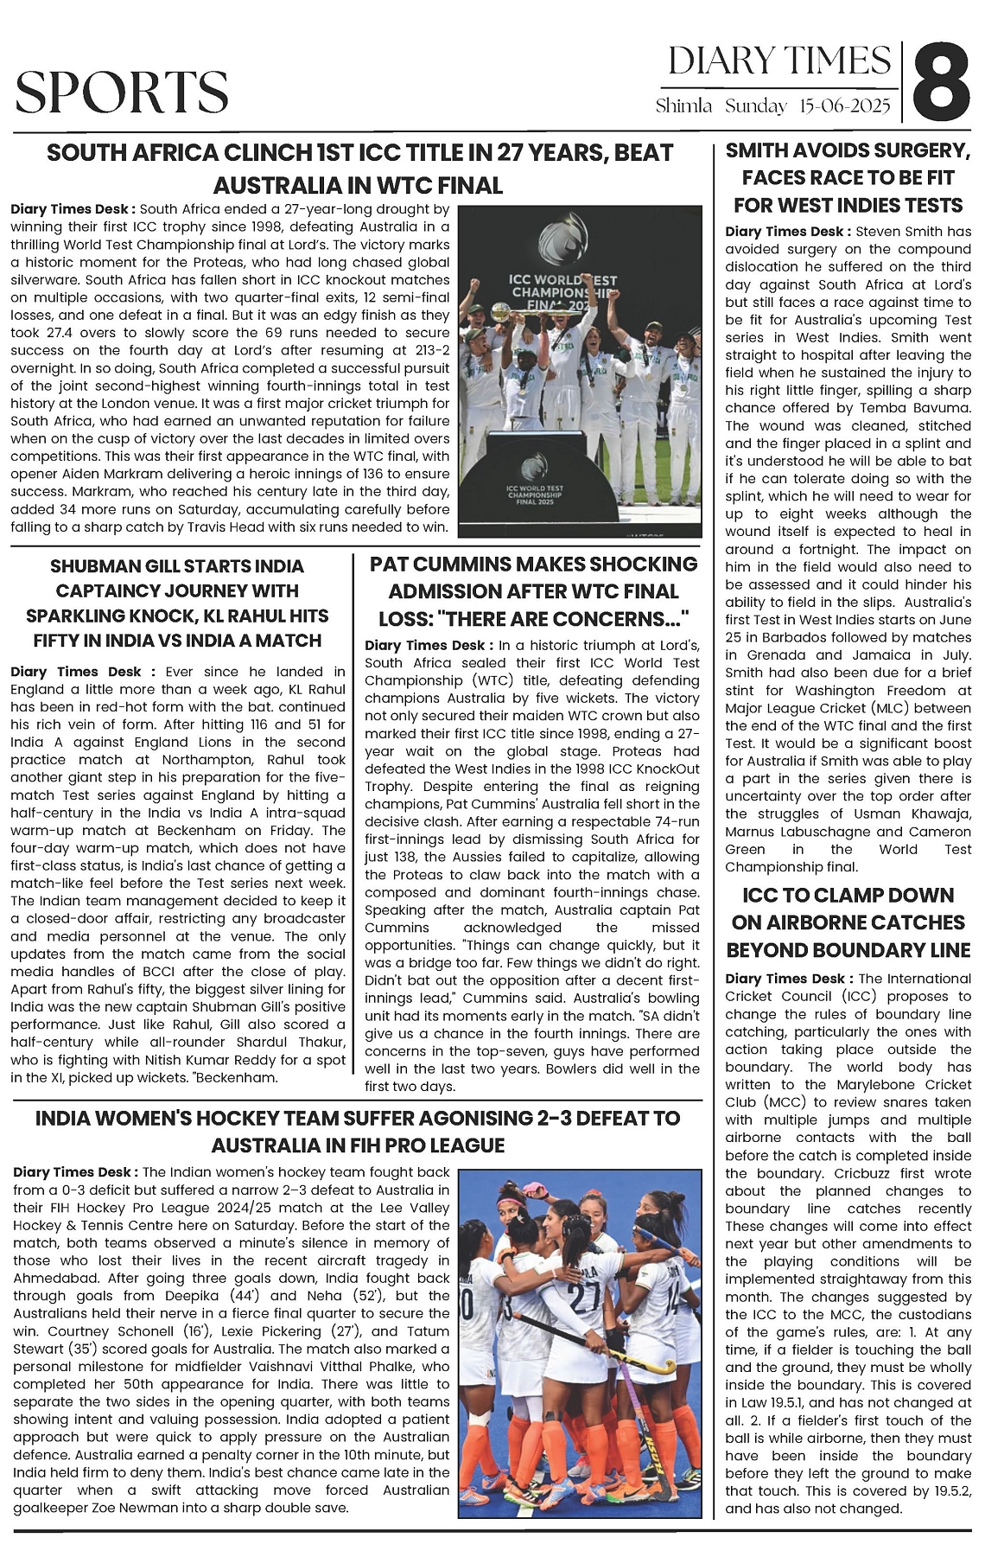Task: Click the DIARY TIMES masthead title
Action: (779, 61)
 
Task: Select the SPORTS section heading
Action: (121, 92)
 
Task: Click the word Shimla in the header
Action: (683, 106)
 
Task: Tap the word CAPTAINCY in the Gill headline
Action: (112, 591)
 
